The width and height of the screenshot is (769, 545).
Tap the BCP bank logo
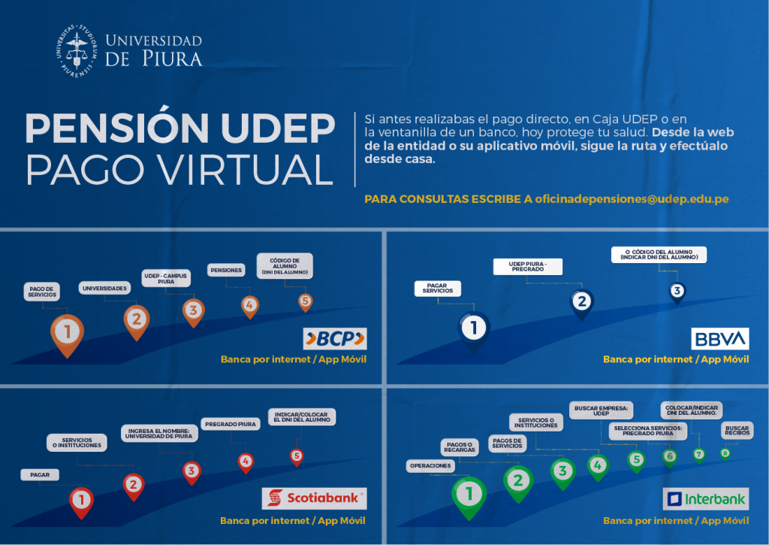point(334,339)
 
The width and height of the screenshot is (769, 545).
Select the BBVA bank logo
point(719,338)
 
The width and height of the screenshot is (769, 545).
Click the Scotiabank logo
point(314,498)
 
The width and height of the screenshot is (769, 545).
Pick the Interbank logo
point(706,499)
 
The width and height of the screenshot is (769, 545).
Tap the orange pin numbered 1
point(68,332)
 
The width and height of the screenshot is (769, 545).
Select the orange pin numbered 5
point(305,301)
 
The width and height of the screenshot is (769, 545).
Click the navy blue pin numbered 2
point(581,302)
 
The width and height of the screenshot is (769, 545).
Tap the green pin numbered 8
point(725,453)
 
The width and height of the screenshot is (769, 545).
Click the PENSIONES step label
point(227,269)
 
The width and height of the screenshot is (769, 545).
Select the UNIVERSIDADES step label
point(104,288)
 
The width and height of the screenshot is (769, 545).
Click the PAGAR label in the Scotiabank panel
point(40,474)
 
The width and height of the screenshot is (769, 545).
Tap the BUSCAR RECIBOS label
point(736,430)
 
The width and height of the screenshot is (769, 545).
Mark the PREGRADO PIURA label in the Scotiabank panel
point(230,424)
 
